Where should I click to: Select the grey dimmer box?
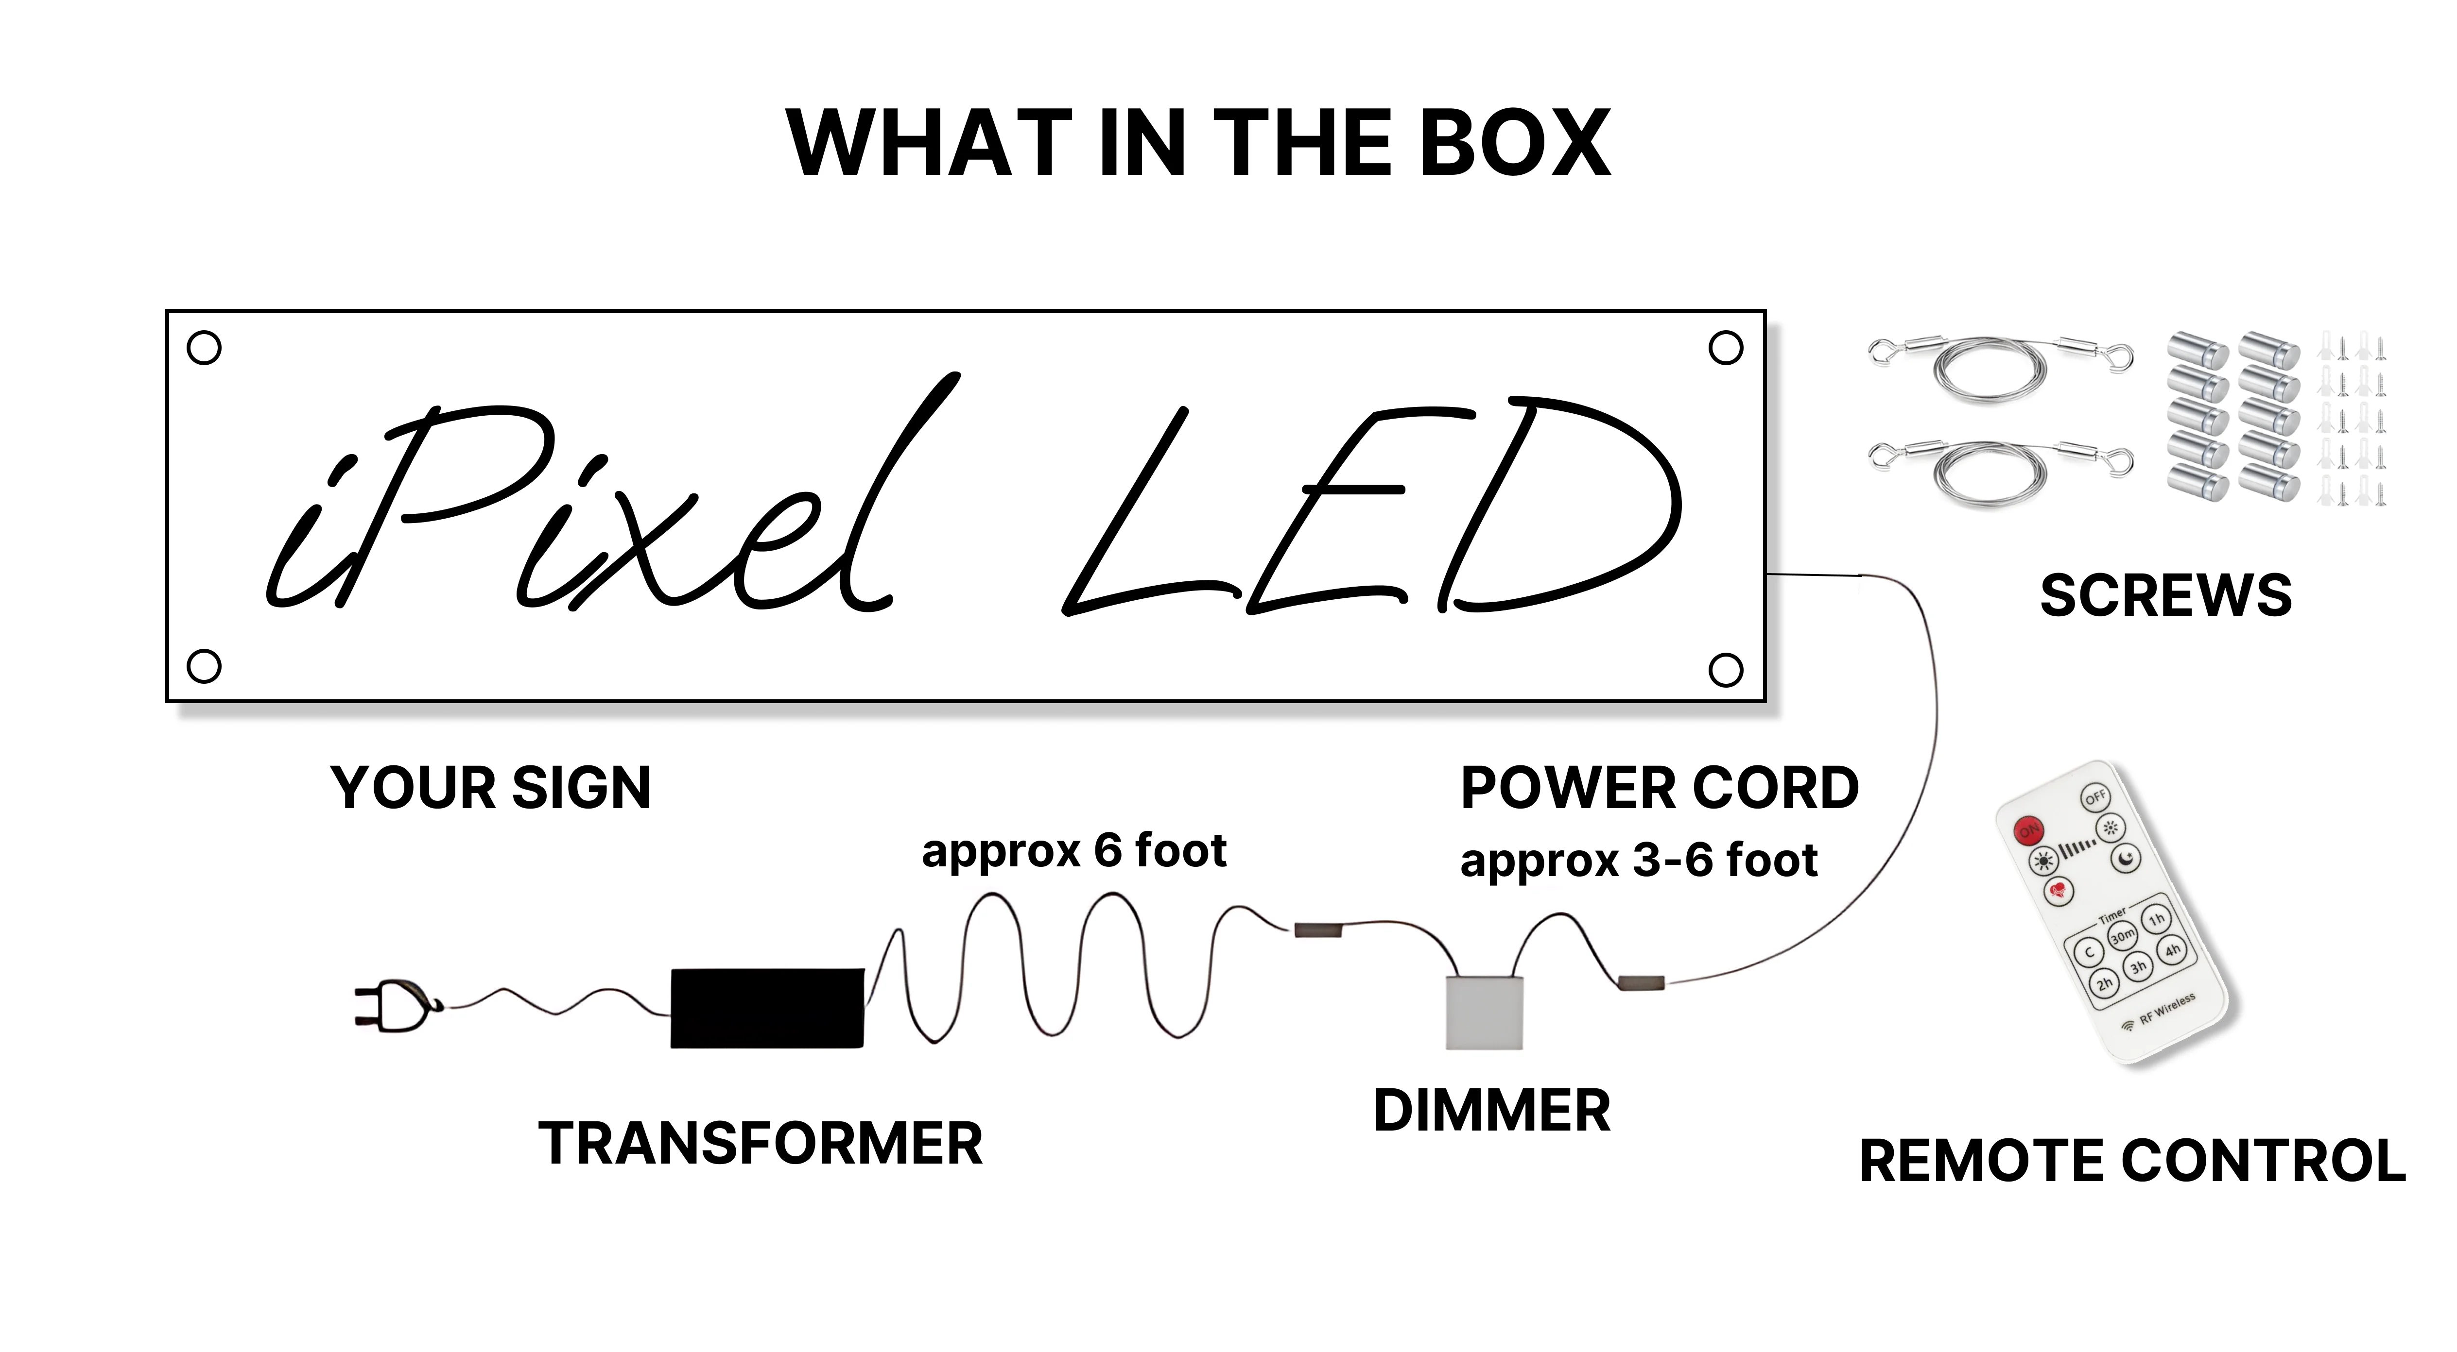point(1484,1013)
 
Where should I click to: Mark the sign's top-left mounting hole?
point(204,348)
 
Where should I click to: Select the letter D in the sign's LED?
point(1564,506)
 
